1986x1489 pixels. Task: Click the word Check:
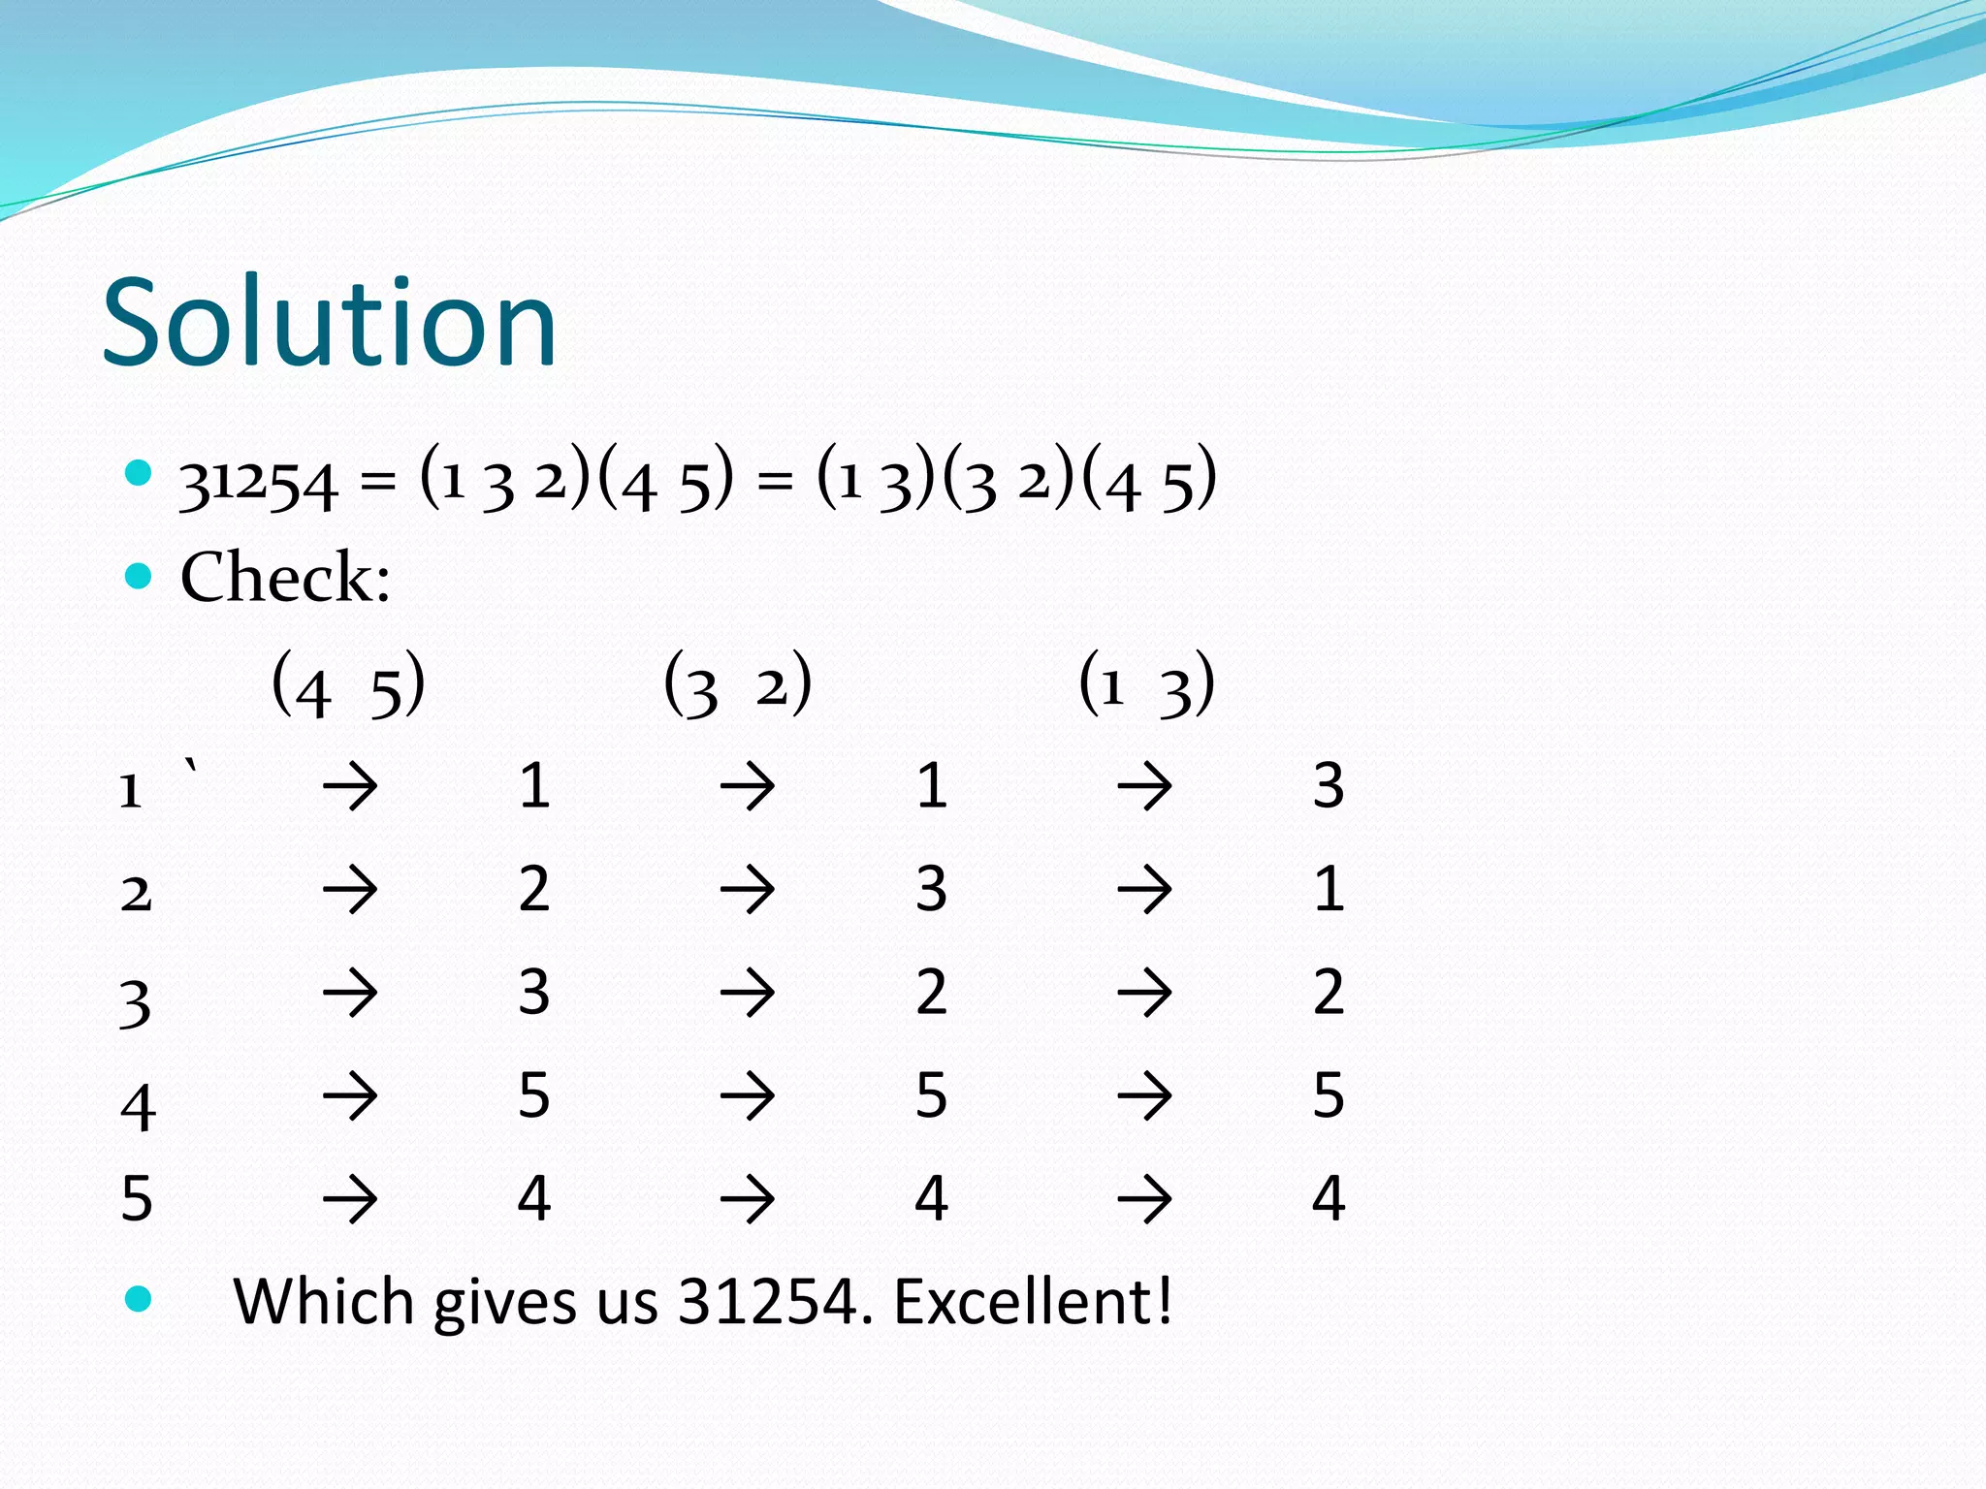[285, 578]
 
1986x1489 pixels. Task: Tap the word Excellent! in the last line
[1032, 1301]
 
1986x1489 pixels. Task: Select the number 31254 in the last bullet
[768, 1301]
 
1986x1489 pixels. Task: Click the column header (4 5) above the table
[348, 684]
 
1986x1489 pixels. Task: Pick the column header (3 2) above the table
[738, 684]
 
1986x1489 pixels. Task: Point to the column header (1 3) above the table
[1146, 684]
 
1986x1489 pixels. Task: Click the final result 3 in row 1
[1329, 785]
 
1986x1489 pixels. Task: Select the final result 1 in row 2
[1329, 888]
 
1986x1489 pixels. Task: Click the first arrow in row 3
[350, 993]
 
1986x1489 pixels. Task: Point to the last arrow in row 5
[1145, 1199]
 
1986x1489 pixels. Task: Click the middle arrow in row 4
[748, 1096]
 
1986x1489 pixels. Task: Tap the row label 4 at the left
[138, 1106]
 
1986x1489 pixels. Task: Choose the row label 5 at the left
[137, 1199]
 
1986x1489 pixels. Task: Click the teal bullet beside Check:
[140, 577]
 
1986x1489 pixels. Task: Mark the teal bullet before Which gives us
[140, 1299]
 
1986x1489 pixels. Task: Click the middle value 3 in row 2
[931, 888]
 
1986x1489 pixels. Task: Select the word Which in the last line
[324, 1301]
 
